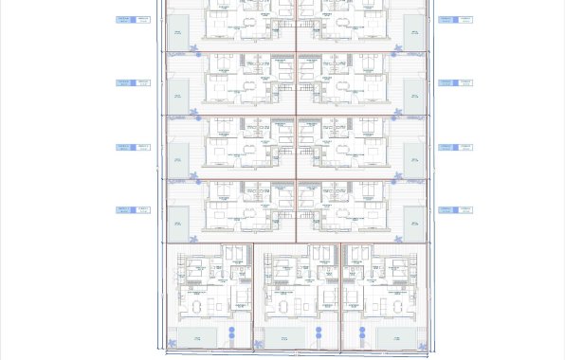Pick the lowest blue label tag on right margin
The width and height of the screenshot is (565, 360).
[455, 210]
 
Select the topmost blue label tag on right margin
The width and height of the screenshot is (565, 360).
[455, 20]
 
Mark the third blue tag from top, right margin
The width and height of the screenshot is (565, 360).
[455, 147]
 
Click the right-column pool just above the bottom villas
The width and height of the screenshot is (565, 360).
[413, 224]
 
